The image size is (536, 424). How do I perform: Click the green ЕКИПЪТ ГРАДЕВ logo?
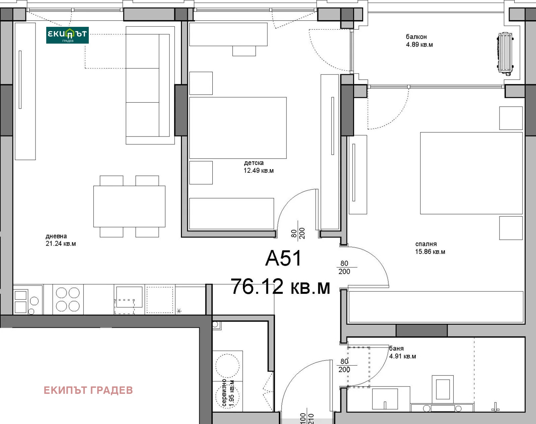tap(67, 35)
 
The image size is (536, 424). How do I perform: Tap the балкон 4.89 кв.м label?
tap(419, 41)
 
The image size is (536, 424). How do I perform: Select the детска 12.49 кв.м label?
tap(259, 167)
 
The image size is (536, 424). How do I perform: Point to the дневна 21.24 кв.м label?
tap(61, 240)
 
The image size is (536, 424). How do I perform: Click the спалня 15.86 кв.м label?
tap(430, 248)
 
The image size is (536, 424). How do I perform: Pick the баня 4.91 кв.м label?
tap(402, 353)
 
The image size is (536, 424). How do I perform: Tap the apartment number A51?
tap(284, 258)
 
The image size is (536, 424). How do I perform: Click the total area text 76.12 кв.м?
tap(280, 286)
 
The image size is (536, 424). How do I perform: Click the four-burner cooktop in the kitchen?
tap(68, 300)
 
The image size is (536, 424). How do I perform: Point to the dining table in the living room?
tap(129, 207)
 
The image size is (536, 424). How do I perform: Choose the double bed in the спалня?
tap(471, 173)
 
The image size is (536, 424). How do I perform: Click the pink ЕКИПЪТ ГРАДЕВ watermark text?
tap(88, 390)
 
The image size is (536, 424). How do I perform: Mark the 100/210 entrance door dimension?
tap(307, 418)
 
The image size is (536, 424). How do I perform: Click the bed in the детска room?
tap(238, 128)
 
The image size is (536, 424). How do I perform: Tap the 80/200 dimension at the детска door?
tap(297, 233)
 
